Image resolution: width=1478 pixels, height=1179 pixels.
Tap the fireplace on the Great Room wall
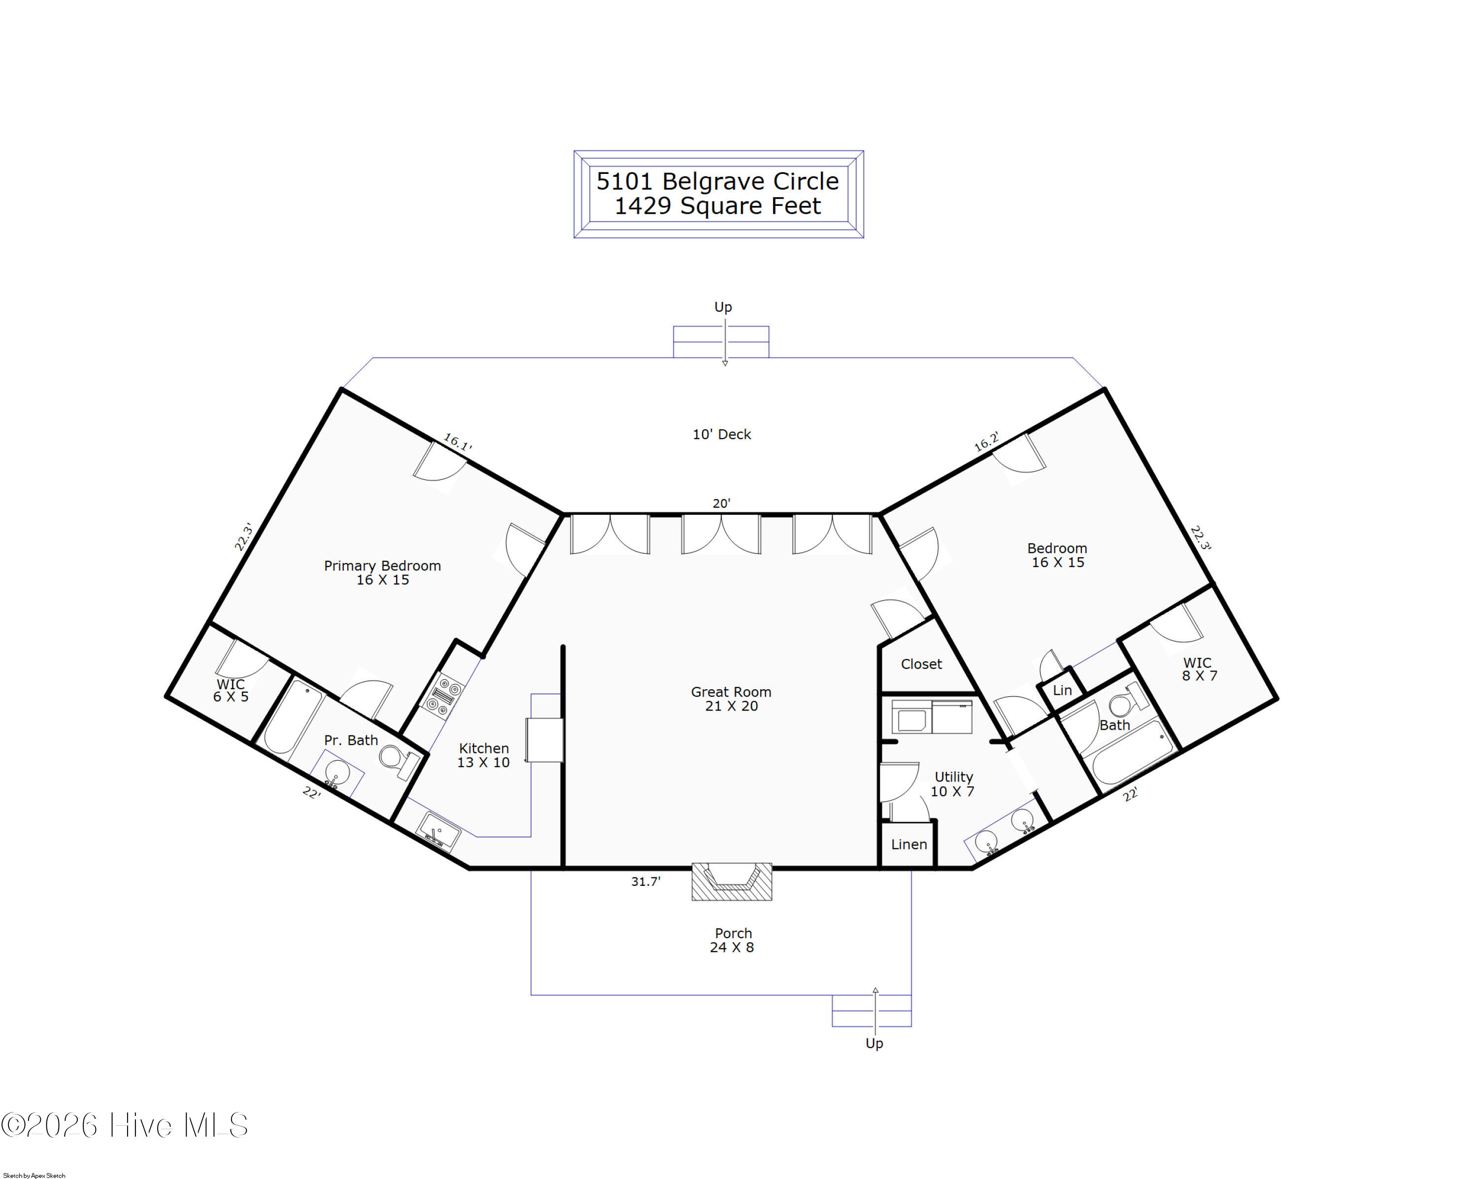tap(732, 881)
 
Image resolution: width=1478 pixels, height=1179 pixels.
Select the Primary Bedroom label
tap(382, 573)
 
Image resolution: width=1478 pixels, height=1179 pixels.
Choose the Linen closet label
tap(909, 844)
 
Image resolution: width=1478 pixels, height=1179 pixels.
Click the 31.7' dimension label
tap(646, 881)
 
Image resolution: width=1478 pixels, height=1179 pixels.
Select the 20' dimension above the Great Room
tap(721, 503)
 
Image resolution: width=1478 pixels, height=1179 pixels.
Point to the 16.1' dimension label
tap(458, 442)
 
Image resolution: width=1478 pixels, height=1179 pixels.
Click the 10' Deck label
tap(722, 435)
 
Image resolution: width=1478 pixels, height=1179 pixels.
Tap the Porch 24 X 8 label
tap(733, 941)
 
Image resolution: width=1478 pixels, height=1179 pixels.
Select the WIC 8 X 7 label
tap(1200, 669)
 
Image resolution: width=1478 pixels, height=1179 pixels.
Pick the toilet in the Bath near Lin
tap(1128, 701)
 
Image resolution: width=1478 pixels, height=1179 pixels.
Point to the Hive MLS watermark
tap(124, 1125)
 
